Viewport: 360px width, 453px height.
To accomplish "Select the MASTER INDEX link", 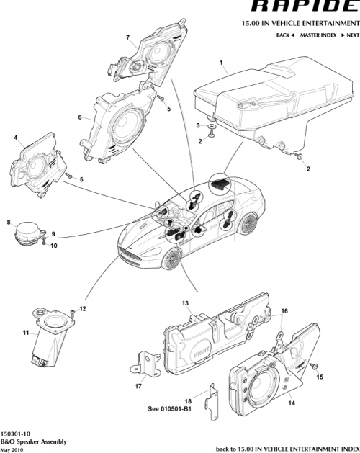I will (x=316, y=35).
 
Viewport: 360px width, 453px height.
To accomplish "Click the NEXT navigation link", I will (x=349, y=35).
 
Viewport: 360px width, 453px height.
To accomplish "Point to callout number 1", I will (x=220, y=63).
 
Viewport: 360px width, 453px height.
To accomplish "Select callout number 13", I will (x=184, y=303).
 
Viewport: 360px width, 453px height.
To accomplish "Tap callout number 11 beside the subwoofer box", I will (x=26, y=333).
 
